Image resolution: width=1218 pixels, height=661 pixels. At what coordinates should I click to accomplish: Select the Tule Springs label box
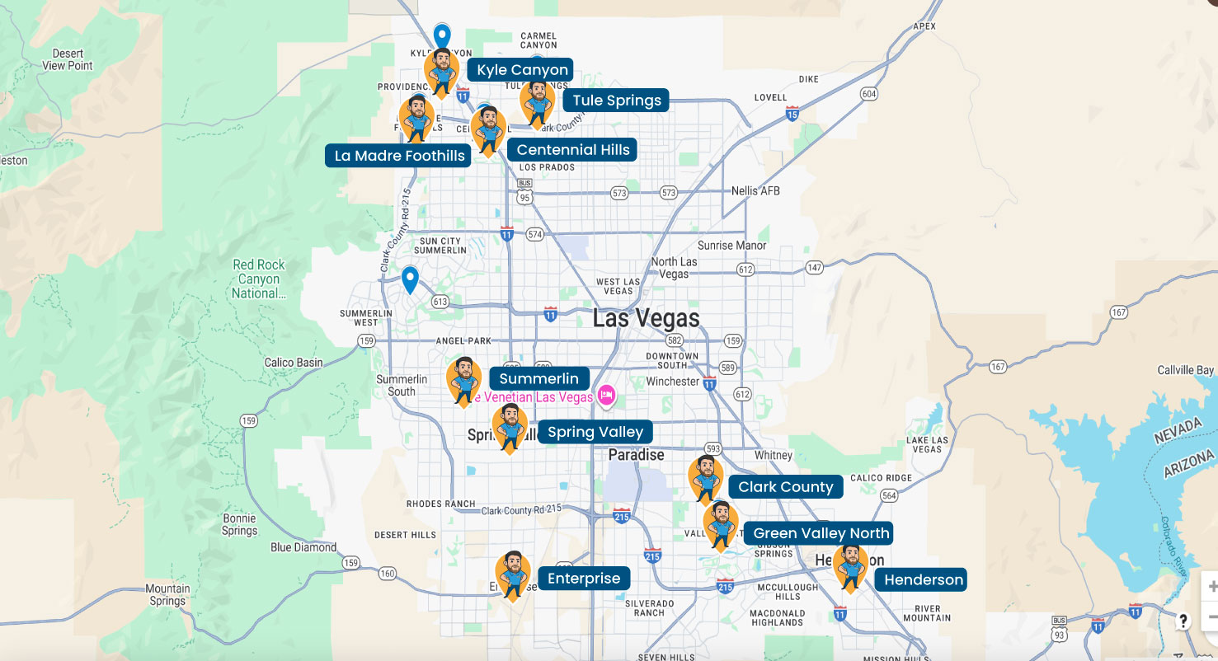point(616,101)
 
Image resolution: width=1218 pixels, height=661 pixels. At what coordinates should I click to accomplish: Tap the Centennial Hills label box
point(572,150)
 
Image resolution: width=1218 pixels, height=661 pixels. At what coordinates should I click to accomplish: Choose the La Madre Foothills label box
point(399,156)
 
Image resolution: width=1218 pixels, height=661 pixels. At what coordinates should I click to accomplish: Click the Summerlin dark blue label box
point(539,379)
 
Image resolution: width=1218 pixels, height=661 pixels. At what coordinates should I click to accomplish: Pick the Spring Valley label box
point(595,432)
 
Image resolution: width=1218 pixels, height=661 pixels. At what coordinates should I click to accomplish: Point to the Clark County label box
point(785,487)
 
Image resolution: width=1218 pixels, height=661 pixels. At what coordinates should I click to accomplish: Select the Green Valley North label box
point(821,533)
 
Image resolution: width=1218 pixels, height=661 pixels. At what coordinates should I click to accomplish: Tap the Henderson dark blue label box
point(923,579)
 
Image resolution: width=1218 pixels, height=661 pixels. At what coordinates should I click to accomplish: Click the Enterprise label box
point(583,579)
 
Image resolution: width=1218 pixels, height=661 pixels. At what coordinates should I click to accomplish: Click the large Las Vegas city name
point(646,319)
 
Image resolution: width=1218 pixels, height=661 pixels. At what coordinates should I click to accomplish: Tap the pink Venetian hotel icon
point(607,396)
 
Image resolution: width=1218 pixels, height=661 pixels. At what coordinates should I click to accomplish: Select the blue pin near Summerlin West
point(410,279)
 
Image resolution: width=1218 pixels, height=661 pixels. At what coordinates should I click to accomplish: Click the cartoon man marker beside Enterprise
point(513,574)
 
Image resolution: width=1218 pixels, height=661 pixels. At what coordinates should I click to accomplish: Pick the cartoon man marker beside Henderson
point(850,567)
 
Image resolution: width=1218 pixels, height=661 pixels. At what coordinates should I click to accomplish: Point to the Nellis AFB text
point(755,191)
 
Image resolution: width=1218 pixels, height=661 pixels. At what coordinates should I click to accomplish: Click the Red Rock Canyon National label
point(258,279)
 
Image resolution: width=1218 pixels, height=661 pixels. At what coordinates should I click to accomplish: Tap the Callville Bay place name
point(1186,370)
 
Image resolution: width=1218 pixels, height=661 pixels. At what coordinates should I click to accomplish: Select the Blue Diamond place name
point(303,547)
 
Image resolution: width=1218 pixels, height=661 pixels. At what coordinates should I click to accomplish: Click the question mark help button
point(1183,621)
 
